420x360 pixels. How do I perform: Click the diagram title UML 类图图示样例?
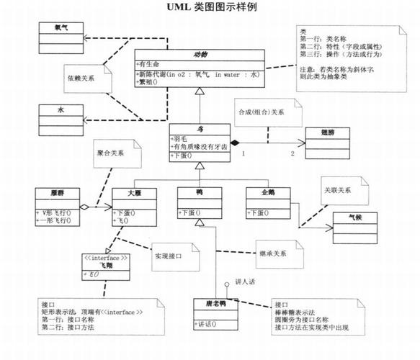[210, 8]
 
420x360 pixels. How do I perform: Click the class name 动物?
[199, 55]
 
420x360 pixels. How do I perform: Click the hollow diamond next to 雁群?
[85, 207]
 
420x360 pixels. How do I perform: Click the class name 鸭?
[199, 192]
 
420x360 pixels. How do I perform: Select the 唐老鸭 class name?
[215, 305]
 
